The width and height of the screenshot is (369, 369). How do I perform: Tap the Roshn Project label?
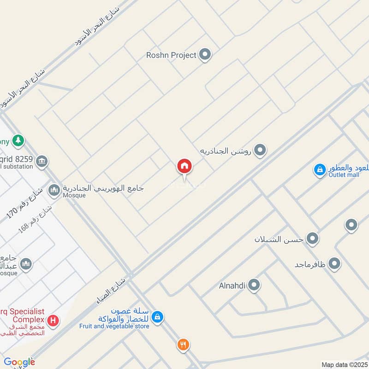171,55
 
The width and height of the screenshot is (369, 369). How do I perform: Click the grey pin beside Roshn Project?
205,55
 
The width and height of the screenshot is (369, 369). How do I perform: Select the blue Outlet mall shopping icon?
319,170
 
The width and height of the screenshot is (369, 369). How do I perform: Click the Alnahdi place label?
232,286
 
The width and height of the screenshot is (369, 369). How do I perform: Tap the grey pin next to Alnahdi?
254,286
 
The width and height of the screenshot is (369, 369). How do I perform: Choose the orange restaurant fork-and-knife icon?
183,344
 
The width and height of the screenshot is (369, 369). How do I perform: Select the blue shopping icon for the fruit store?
158,317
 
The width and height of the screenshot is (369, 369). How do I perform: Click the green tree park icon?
18,140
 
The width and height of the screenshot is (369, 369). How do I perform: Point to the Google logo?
19,362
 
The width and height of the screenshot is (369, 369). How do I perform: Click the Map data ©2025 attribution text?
344,364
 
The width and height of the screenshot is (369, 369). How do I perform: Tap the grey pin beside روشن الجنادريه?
261,150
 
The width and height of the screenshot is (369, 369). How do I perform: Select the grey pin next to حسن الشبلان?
313,239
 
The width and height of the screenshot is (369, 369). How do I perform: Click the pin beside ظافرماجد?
334,264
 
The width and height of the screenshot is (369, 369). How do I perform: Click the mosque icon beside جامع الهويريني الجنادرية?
54,190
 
